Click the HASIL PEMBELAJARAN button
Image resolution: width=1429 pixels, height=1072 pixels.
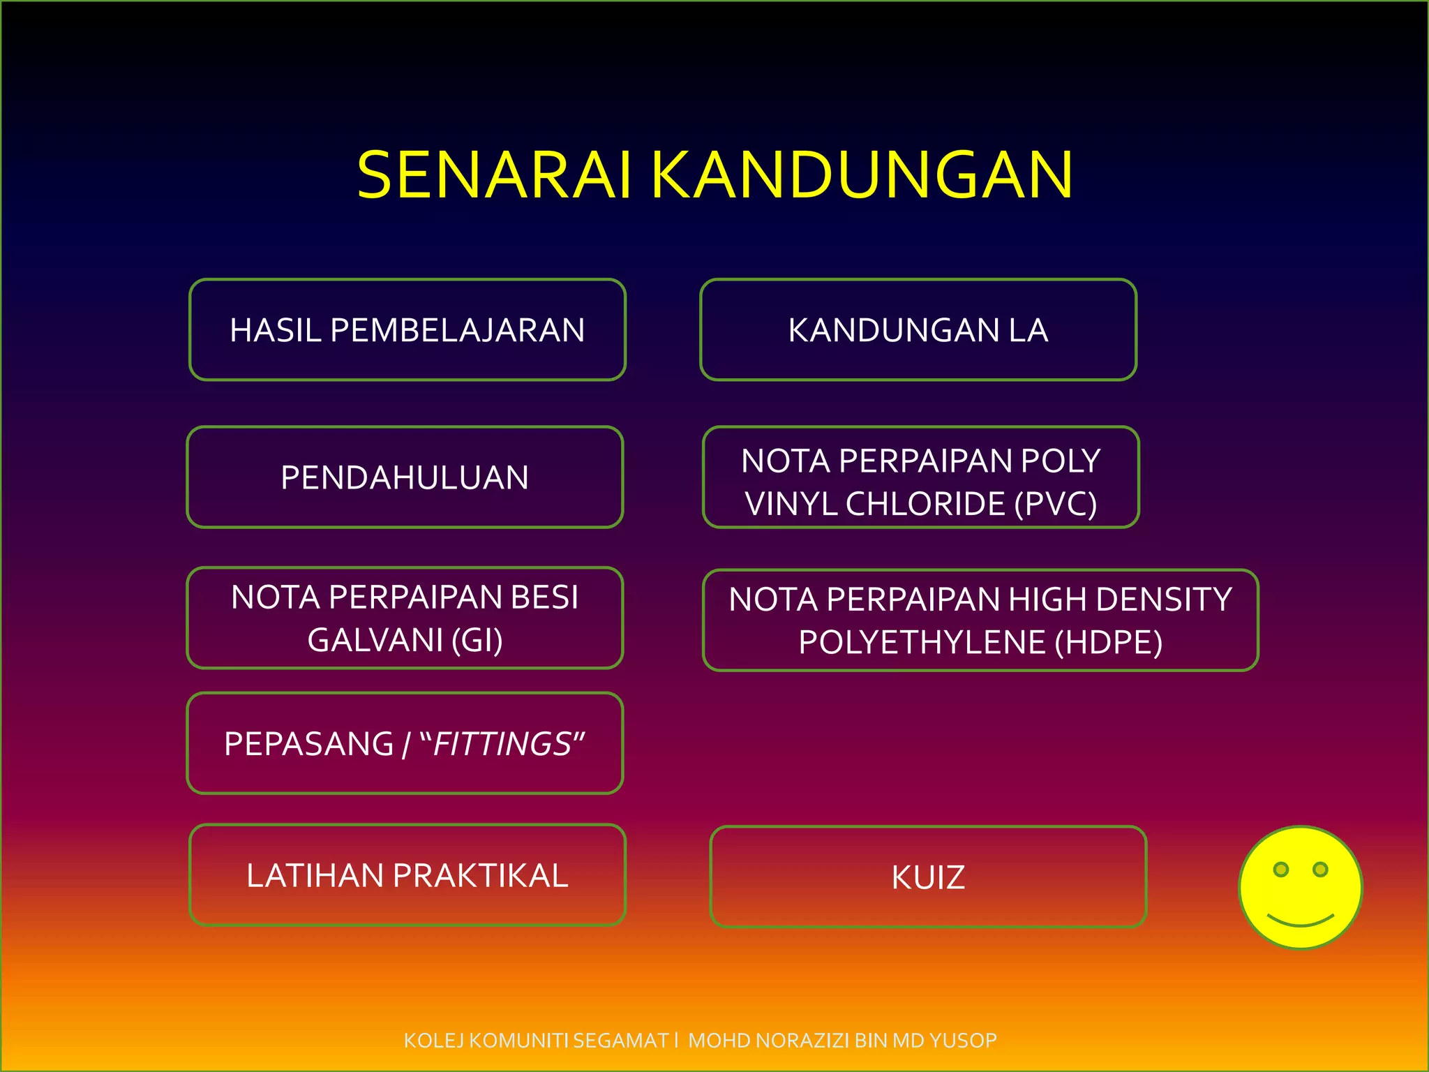[x=407, y=330]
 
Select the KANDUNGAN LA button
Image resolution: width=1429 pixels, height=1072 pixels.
[x=918, y=330]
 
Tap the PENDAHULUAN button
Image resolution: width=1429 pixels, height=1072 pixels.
[x=405, y=477]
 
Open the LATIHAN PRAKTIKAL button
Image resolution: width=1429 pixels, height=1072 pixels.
[x=407, y=875]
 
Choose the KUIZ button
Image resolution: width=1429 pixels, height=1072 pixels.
[x=928, y=877]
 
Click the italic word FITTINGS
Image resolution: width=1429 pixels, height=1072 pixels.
[x=502, y=744]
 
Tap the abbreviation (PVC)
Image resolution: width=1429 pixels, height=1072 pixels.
[x=1056, y=504]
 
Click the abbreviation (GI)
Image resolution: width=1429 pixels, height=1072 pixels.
[x=477, y=640]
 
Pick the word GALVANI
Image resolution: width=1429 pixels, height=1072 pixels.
[x=375, y=640]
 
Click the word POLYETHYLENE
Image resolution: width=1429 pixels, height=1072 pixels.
[x=922, y=643]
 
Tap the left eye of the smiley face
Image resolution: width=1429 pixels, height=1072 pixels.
[x=1281, y=870]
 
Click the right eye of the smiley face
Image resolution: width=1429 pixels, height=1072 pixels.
[x=1320, y=870]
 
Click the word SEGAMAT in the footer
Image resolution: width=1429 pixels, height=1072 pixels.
[x=621, y=1041]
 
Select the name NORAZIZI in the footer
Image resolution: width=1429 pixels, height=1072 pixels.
[x=803, y=1041]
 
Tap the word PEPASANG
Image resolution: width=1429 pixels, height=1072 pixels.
[x=309, y=744]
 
